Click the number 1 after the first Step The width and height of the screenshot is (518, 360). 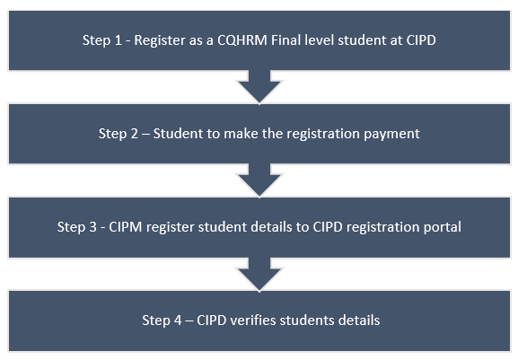coord(118,40)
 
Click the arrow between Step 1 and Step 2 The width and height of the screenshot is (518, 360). coord(259,86)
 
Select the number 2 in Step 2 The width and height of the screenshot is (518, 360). coord(134,134)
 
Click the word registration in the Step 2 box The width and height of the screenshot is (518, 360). coord(323,134)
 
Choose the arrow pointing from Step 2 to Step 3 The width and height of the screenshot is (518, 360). coord(259,180)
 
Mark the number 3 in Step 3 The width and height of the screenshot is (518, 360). coord(92,227)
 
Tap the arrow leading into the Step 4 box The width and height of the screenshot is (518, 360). coord(259,275)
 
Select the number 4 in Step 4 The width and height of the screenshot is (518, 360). coord(178,320)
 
